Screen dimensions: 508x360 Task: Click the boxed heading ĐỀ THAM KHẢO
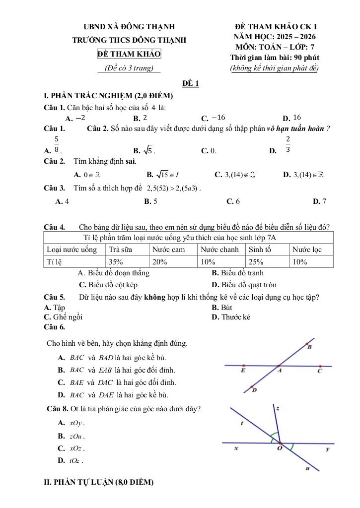click(x=129, y=54)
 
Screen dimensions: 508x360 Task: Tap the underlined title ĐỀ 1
click(x=190, y=83)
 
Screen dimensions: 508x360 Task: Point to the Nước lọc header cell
click(x=307, y=250)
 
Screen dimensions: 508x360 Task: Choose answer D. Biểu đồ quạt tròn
click(x=244, y=285)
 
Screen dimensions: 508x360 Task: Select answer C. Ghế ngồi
click(x=63, y=317)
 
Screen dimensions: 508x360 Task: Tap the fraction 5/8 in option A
click(x=57, y=144)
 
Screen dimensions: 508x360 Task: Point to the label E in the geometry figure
click(x=243, y=371)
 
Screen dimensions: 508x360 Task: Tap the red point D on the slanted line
click(x=252, y=386)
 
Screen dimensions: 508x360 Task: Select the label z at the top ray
click(x=278, y=409)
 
